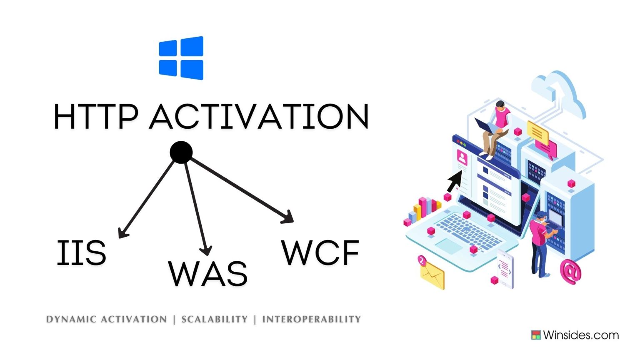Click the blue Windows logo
[x=181, y=58]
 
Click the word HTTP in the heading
[x=95, y=117]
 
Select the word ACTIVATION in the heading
[x=259, y=117]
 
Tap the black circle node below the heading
[x=181, y=152]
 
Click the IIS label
[x=81, y=253]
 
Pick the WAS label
[x=207, y=274]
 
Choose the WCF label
[x=320, y=253]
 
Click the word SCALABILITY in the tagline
[x=215, y=320]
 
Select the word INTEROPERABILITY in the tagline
[x=311, y=320]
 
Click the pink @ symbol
[x=570, y=271]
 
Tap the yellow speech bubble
[x=537, y=132]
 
